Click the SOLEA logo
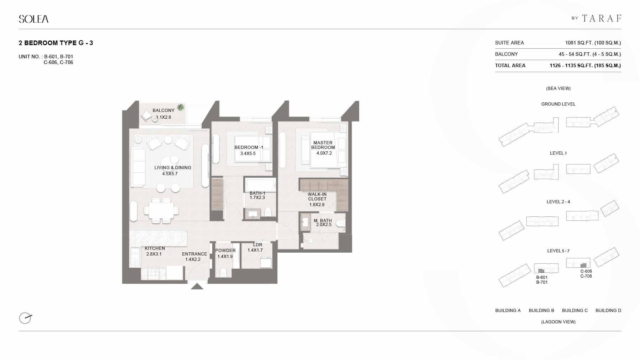pos(34,19)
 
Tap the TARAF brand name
pos(602,18)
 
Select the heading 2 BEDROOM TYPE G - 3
pos(56,43)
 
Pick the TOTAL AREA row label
pos(510,65)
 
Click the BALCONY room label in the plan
pos(164,111)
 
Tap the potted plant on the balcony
pos(181,107)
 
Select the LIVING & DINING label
pos(173,168)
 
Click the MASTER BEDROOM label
pos(323,145)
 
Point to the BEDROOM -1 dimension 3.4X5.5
pos(248,154)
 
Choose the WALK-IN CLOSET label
pos(317,197)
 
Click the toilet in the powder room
pos(223,273)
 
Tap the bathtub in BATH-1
pos(261,185)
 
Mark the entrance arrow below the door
pos(197,286)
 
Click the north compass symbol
pos(25,318)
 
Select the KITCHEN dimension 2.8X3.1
pos(154,254)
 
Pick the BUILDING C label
pos(575,311)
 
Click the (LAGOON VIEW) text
pos(558,322)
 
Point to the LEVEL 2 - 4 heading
pos(558,202)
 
